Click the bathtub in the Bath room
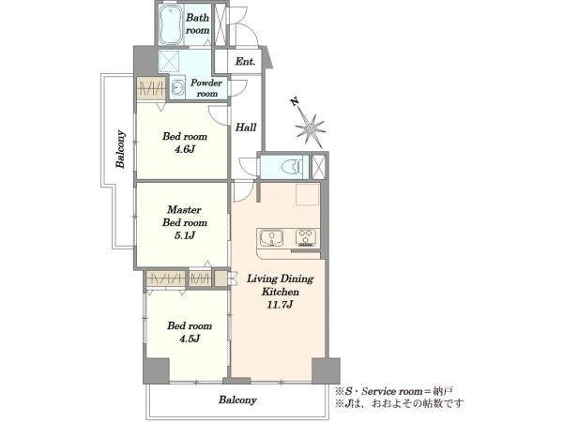[171, 24]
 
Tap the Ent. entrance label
[245, 61]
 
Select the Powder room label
[206, 88]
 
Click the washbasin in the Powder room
[177, 87]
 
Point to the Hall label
[246, 127]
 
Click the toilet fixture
[292, 167]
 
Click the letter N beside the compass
[295, 102]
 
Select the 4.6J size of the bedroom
[185, 149]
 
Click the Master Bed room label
[185, 216]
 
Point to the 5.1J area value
[185, 235]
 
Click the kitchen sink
[272, 238]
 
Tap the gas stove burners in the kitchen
[306, 237]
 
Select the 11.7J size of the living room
[280, 305]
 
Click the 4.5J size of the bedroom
[190, 339]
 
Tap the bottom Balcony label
[237, 399]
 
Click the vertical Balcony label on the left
[121, 149]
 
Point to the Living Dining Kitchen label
[280, 285]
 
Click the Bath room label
[197, 23]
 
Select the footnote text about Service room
[394, 391]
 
